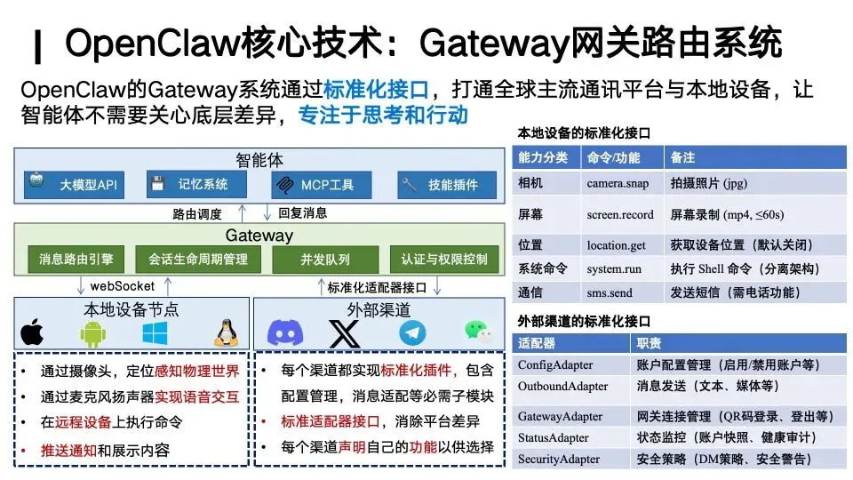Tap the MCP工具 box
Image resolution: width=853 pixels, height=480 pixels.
click(314, 185)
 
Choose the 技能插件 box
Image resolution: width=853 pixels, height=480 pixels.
click(441, 185)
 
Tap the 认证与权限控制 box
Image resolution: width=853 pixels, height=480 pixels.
click(443, 260)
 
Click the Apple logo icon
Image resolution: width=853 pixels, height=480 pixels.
click(33, 332)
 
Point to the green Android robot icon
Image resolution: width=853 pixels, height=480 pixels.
click(92, 333)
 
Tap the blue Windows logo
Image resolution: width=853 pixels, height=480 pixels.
click(155, 332)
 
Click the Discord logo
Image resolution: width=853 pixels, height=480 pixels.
click(283, 333)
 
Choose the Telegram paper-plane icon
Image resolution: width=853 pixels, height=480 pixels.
click(412, 333)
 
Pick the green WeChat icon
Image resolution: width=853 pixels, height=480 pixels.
click(477, 332)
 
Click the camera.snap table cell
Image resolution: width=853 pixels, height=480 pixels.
click(618, 184)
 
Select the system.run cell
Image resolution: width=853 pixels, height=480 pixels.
click(613, 268)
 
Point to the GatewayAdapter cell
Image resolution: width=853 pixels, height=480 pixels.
click(560, 415)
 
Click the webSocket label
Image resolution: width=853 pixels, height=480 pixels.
click(122, 286)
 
